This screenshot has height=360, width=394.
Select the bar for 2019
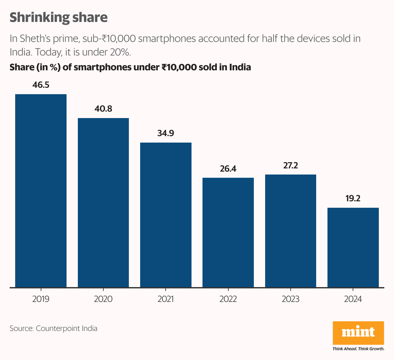pyautogui.click(x=41, y=190)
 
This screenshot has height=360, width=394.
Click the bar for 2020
pyautogui.click(x=103, y=203)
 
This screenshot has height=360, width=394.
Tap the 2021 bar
pyautogui.click(x=166, y=215)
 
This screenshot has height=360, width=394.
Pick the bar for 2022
pyautogui.click(x=228, y=232)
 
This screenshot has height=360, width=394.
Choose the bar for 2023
pyautogui.click(x=291, y=231)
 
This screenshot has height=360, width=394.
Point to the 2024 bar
pyautogui.click(x=353, y=247)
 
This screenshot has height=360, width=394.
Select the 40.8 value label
pyautogui.click(x=103, y=109)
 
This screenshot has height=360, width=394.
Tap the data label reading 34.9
pyautogui.click(x=166, y=133)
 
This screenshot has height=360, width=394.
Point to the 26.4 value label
pyautogui.click(x=228, y=168)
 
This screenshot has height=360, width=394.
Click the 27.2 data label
pyautogui.click(x=291, y=165)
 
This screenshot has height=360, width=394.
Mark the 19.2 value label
pyautogui.click(x=353, y=198)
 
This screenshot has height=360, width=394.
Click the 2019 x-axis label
pyautogui.click(x=41, y=299)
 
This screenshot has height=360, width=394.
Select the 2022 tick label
pyautogui.click(x=228, y=299)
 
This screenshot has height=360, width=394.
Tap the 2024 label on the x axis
pyautogui.click(x=353, y=299)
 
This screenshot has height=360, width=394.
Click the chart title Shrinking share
pyautogui.click(x=58, y=17)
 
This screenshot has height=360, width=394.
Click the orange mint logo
pyautogui.click(x=358, y=333)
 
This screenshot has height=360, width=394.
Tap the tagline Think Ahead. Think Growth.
pyautogui.click(x=358, y=349)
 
